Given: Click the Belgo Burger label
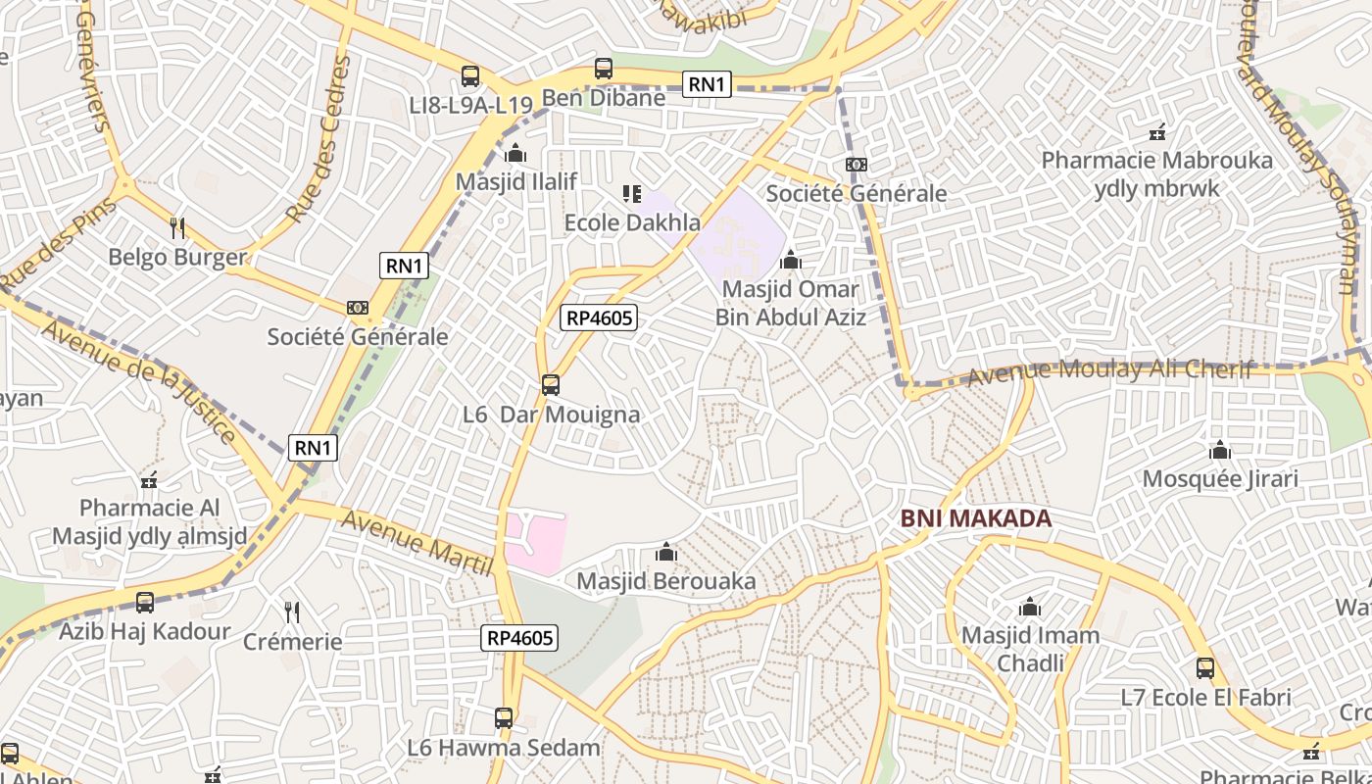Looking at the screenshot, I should tap(177, 258).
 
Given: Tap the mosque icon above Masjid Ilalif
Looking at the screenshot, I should tap(515, 154).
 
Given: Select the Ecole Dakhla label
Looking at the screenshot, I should tap(632, 223).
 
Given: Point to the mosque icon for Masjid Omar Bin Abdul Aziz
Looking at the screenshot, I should tap(790, 261).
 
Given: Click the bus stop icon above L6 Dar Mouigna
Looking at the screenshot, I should tap(551, 385).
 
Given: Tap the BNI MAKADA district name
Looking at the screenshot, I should tap(975, 518).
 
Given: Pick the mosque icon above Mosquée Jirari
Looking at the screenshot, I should tap(1220, 451).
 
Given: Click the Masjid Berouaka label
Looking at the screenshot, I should tap(666, 581).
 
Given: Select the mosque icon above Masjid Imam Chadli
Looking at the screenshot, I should tap(1030, 608).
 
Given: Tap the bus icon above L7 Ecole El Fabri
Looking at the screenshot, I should tap(1205, 669).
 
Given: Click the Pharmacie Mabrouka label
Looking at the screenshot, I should tap(1156, 160).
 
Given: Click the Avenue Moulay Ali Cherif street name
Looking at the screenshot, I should tap(1109, 370).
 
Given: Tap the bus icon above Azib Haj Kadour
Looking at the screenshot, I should tap(145, 603).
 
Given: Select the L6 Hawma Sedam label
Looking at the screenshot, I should tap(504, 748).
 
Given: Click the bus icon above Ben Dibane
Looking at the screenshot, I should tap(604, 70).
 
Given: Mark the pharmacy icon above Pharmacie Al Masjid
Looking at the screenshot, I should tap(149, 480).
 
